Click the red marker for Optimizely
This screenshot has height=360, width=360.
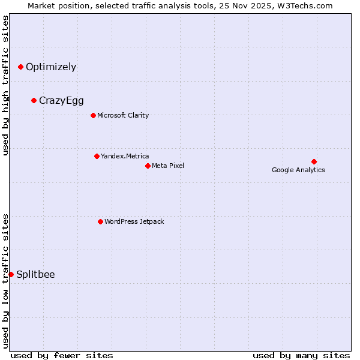point(21,67)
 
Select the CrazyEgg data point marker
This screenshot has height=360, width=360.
point(34,100)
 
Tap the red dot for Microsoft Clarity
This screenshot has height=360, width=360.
point(93,115)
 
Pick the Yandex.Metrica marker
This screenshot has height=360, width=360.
point(97,156)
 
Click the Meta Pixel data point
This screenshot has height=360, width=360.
point(148,166)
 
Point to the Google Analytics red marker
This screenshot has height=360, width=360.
point(314,161)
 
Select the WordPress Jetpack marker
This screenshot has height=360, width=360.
point(100,221)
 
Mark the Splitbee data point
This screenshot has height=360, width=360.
point(11,274)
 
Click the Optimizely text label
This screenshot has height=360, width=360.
point(51,67)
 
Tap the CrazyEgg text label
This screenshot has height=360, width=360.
point(61,100)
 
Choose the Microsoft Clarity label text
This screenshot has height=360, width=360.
point(123,115)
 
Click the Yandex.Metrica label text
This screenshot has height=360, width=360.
point(125,156)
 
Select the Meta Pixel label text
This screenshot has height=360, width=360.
point(168,166)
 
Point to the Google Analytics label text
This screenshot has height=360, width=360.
point(298,170)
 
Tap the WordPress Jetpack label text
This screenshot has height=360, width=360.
point(134,221)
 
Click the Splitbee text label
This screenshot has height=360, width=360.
point(35,274)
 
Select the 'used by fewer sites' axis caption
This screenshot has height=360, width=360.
point(62,355)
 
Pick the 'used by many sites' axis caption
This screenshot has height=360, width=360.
point(301,355)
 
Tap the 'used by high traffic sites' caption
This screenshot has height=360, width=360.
point(6,85)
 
